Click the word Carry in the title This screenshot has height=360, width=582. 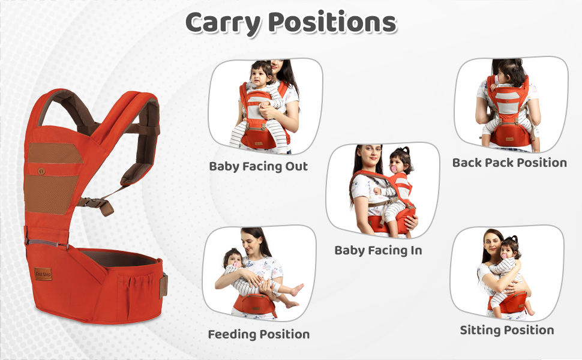222,23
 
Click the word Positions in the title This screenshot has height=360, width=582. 332,23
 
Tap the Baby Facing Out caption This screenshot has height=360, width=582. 258,166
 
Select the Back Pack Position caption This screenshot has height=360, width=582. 509,162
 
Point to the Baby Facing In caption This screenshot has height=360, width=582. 378,250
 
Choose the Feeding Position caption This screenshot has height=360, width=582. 259,334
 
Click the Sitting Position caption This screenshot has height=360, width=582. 506,330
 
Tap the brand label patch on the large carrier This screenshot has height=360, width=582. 44,271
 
